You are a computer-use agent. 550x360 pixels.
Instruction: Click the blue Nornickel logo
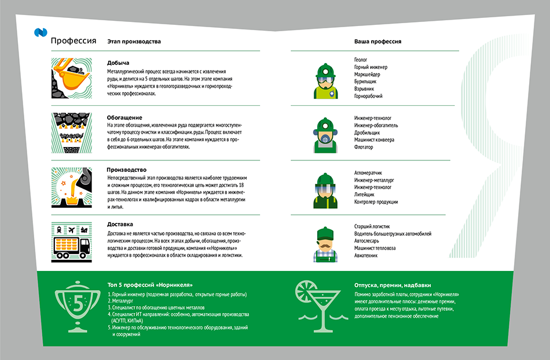41,32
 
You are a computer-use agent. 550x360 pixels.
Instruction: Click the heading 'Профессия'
74,41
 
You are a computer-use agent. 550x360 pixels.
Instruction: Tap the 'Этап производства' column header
134,41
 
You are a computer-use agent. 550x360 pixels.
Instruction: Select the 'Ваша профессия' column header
377,41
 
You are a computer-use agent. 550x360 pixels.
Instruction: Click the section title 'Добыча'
118,63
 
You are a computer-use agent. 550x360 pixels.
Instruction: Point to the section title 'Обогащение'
124,117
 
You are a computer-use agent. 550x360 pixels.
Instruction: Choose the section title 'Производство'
127,170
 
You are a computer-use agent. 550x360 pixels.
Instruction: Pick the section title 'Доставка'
120,225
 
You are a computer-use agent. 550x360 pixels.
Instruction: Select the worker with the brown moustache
325,244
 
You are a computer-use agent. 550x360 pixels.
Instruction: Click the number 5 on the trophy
78,303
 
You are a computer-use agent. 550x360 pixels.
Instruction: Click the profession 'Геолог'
361,60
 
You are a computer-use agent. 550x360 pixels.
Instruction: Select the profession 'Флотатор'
364,147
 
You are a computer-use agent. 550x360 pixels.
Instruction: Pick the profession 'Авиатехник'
366,256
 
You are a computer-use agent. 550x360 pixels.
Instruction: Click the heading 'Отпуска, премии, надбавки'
393,285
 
